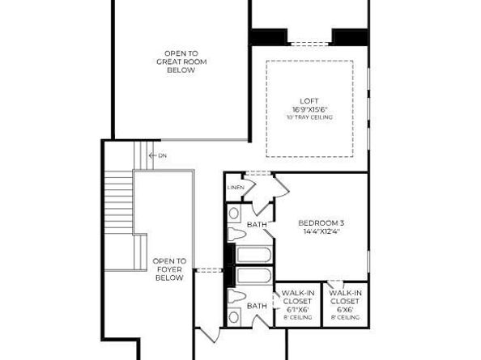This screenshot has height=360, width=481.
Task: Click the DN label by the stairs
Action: click(x=162, y=155)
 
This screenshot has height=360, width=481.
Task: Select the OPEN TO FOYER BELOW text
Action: click(x=170, y=269)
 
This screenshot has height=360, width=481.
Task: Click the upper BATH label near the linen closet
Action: click(x=257, y=224)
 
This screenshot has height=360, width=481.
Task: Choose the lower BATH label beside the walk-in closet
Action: click(x=257, y=306)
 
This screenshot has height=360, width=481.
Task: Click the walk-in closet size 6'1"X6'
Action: click(x=298, y=309)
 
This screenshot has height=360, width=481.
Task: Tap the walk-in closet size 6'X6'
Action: click(x=345, y=309)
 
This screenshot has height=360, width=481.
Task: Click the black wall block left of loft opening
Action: click(x=268, y=37)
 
